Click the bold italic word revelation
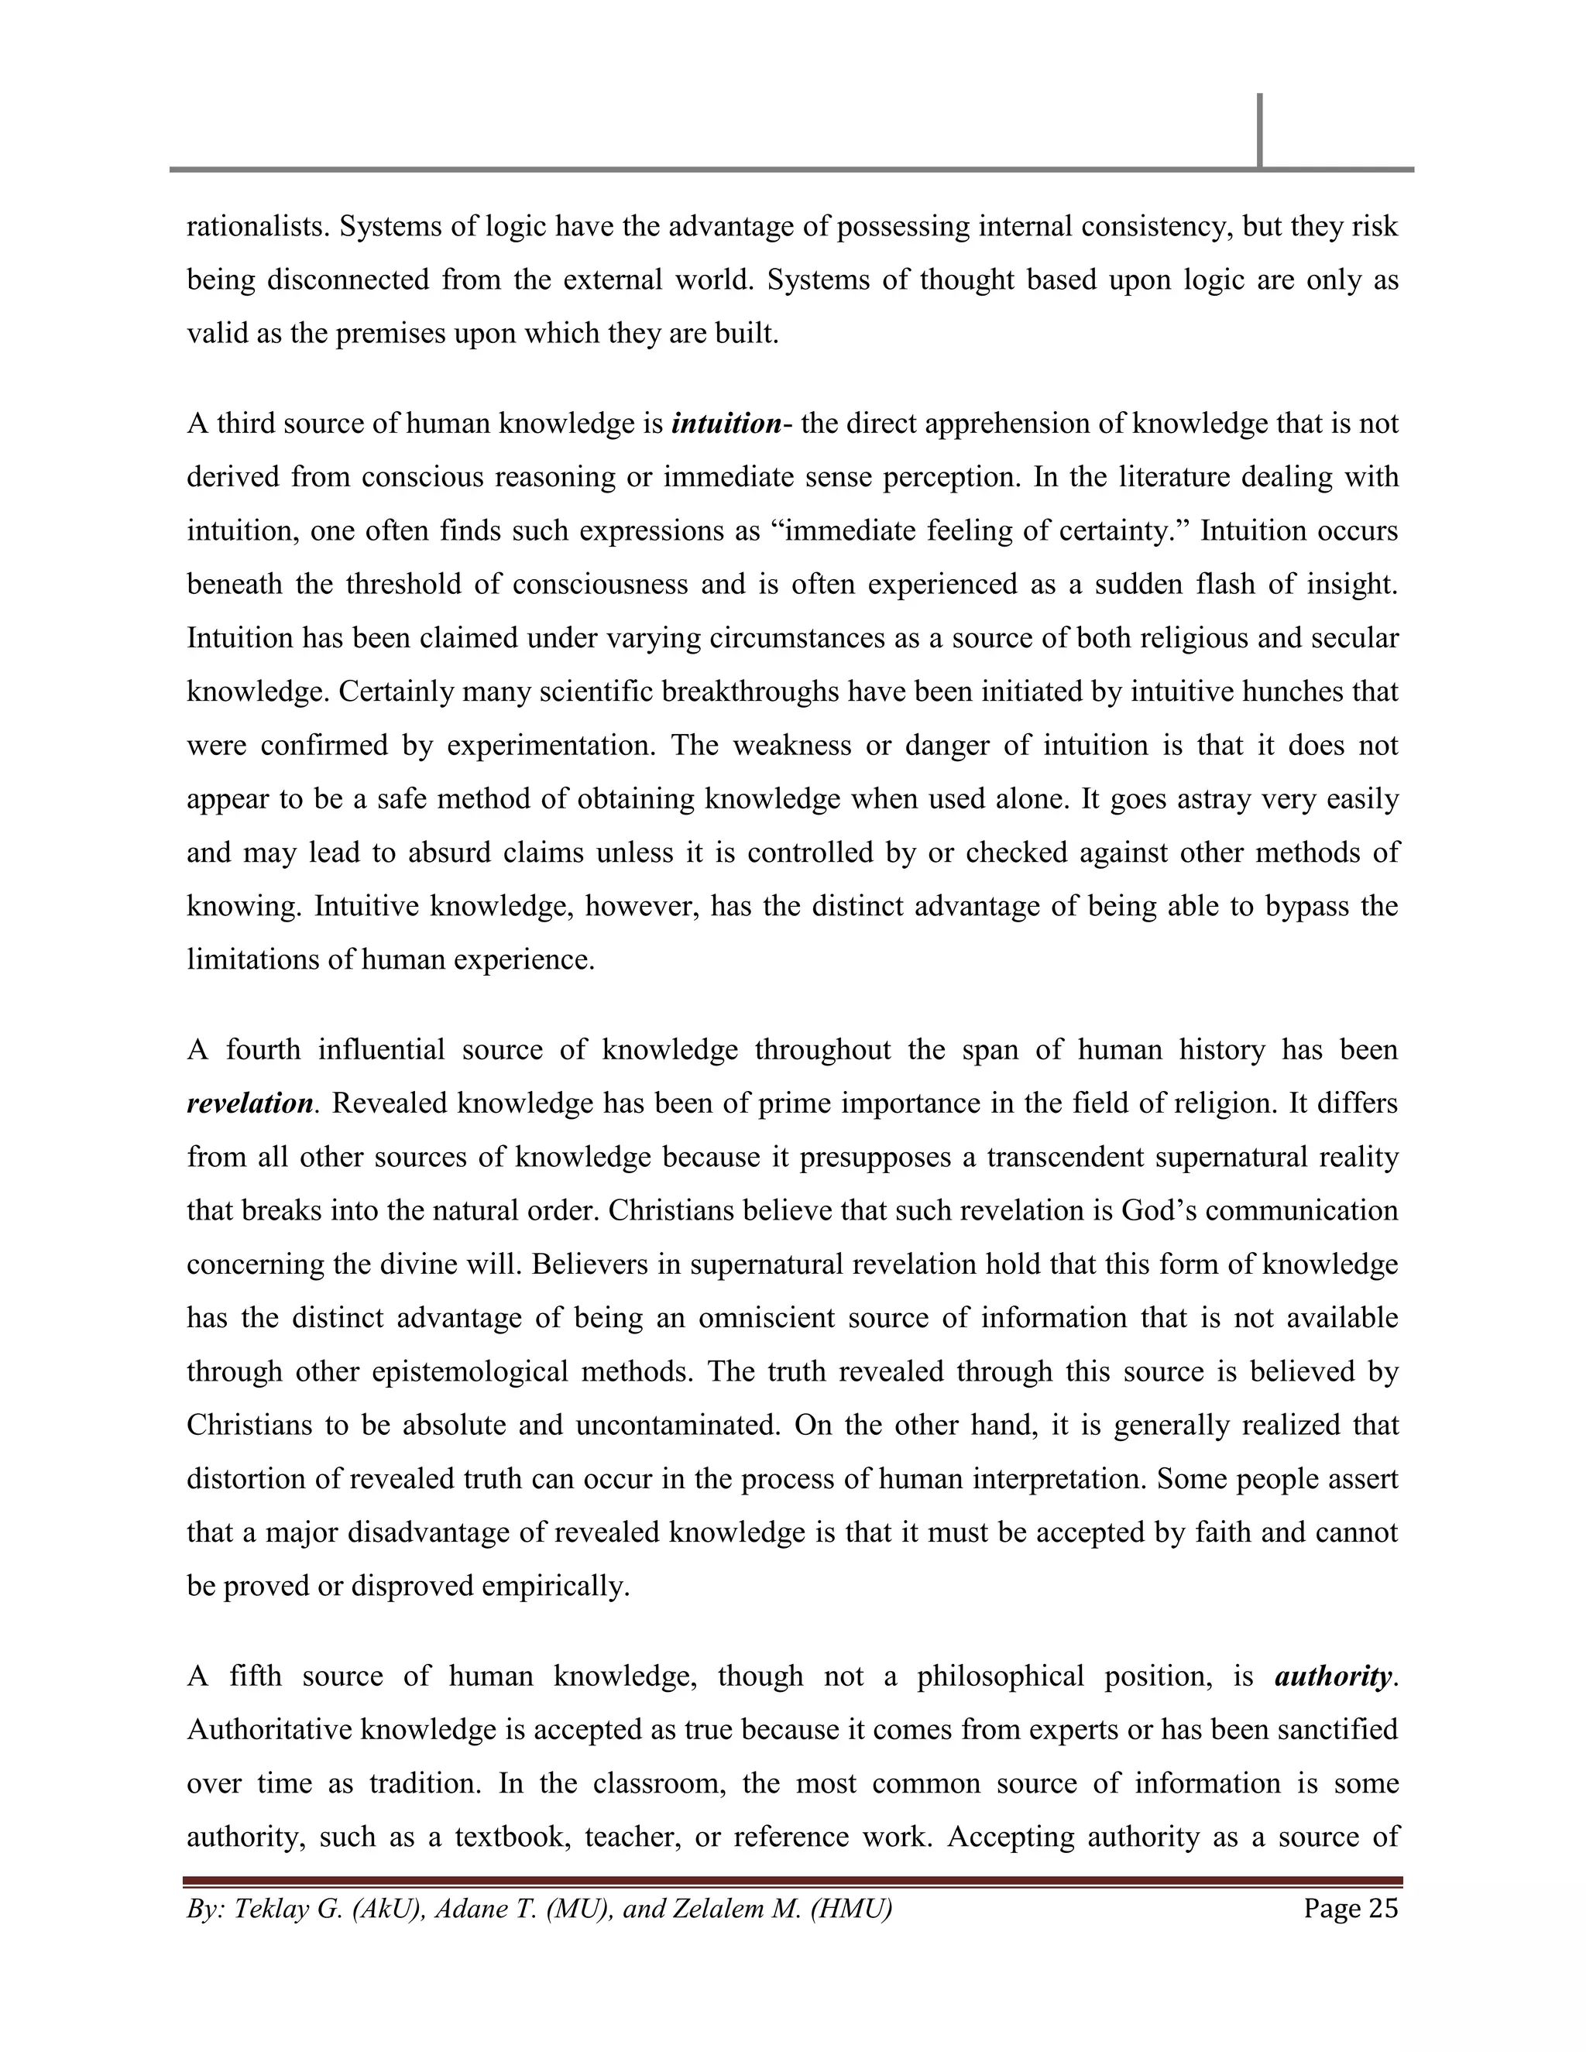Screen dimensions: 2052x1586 coord(250,1103)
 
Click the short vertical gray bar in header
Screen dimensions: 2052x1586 coord(1259,131)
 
